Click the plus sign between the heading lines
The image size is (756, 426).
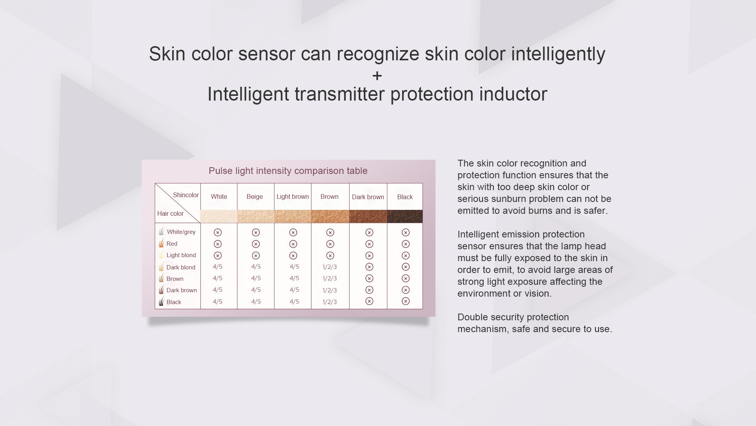coord(377,76)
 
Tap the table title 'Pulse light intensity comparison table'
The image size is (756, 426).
coord(288,171)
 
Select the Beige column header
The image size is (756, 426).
coord(255,196)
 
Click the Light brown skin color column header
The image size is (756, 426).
coord(293,196)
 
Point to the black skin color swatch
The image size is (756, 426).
coord(405,216)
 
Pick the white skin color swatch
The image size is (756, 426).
coord(219,216)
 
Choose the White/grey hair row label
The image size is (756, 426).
coord(181,232)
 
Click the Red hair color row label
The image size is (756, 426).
coord(172,244)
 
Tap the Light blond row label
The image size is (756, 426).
coord(181,255)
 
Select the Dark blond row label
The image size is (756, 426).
coord(181,267)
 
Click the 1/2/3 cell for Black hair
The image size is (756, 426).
coord(330,302)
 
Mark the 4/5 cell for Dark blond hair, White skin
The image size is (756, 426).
coord(217,267)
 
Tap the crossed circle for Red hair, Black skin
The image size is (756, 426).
coord(406,244)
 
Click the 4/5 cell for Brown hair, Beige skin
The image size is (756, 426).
coord(256,278)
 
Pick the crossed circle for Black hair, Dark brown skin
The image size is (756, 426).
coord(369,301)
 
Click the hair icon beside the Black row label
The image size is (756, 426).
coord(161,301)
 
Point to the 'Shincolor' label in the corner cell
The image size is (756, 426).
coord(186,195)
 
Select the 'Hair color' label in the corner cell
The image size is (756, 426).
coord(170,213)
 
